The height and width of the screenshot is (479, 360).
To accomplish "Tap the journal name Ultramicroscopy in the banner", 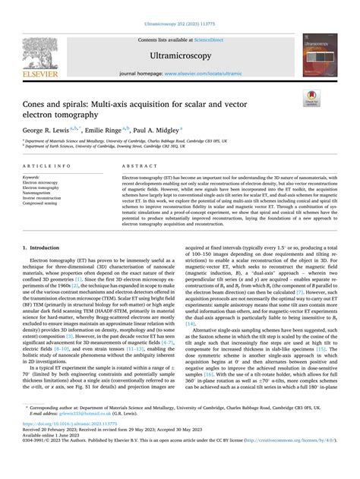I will click(x=179, y=55).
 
